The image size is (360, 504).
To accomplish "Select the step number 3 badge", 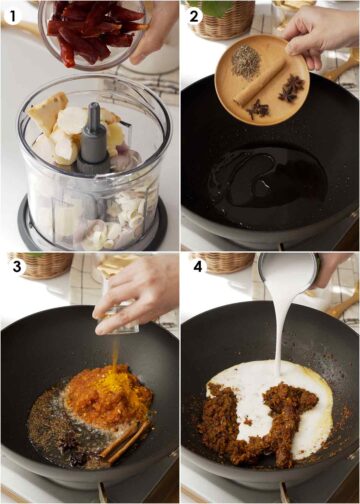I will [14, 267].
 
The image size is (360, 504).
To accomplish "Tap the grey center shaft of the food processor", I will [94, 150].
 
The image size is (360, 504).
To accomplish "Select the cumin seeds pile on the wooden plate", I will [245, 61].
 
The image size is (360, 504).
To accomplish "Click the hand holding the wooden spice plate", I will [318, 30].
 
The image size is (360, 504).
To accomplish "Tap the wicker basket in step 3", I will [40, 265].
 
